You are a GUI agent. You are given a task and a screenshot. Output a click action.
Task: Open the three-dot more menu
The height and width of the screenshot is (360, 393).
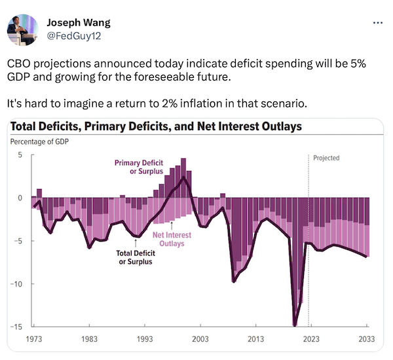377,22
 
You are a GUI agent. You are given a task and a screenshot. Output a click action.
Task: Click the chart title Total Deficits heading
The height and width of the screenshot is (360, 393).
156,126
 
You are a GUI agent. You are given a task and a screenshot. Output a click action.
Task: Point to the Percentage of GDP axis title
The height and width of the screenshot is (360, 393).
39,142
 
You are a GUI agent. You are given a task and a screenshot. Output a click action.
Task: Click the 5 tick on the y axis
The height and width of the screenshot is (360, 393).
20,154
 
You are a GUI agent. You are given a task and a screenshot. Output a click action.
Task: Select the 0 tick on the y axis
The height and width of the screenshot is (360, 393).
20,198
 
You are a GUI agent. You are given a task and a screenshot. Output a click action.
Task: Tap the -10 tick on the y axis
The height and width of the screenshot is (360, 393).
18,283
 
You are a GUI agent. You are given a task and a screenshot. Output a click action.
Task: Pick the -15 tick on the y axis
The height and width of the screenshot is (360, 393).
18,326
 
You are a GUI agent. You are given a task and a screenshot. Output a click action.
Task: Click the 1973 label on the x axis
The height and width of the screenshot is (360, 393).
33,339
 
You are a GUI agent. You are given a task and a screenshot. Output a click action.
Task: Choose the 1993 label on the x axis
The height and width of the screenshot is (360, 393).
145,339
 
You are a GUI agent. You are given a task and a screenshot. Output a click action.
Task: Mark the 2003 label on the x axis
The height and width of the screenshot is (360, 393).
200,339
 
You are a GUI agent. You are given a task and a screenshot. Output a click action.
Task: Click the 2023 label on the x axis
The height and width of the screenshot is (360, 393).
312,339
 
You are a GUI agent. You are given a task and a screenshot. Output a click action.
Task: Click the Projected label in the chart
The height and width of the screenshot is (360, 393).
326,158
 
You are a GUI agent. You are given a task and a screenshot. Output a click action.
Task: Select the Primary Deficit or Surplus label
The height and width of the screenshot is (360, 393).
139,167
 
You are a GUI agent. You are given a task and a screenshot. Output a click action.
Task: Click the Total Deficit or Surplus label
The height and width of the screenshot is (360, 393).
135,257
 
